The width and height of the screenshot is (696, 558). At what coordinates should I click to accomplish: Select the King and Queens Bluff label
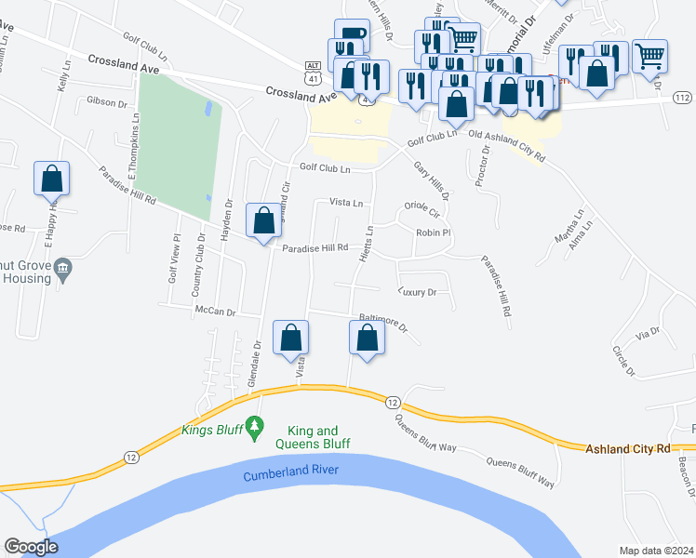point(312,437)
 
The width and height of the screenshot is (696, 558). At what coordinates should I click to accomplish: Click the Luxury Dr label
point(417,292)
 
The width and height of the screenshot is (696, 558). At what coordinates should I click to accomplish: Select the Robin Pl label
point(433,232)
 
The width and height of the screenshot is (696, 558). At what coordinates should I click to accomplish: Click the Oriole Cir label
point(422,206)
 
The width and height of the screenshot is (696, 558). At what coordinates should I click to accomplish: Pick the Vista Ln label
point(346,202)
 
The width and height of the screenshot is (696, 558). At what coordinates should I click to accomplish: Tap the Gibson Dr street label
point(106,101)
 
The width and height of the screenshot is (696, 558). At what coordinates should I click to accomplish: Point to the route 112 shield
point(681,97)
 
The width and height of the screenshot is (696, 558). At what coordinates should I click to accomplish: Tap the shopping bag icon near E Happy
point(52,179)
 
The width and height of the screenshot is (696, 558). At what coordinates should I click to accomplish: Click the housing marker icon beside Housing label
point(62,270)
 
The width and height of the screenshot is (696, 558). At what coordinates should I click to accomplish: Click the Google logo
point(31,547)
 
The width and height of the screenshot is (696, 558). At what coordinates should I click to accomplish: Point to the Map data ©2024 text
point(657,551)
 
